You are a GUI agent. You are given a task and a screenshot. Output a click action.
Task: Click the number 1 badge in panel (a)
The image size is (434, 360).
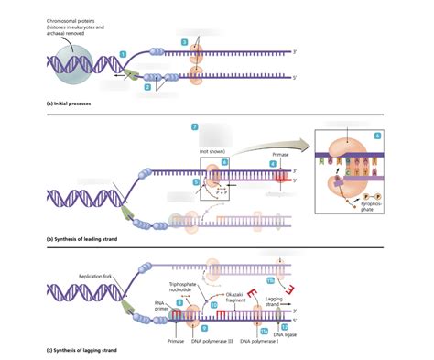point(123,56)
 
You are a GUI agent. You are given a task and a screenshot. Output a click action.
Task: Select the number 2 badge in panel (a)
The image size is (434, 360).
point(147,87)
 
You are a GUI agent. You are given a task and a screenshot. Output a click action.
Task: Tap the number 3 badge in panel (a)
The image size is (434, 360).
point(184,42)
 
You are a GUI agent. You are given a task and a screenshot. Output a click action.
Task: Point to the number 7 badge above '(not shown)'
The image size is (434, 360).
point(195,125)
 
